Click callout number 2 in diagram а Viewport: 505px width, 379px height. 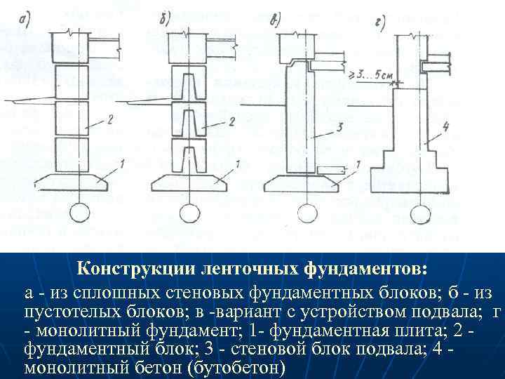(x=110, y=121)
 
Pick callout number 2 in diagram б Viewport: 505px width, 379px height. (x=231, y=122)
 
